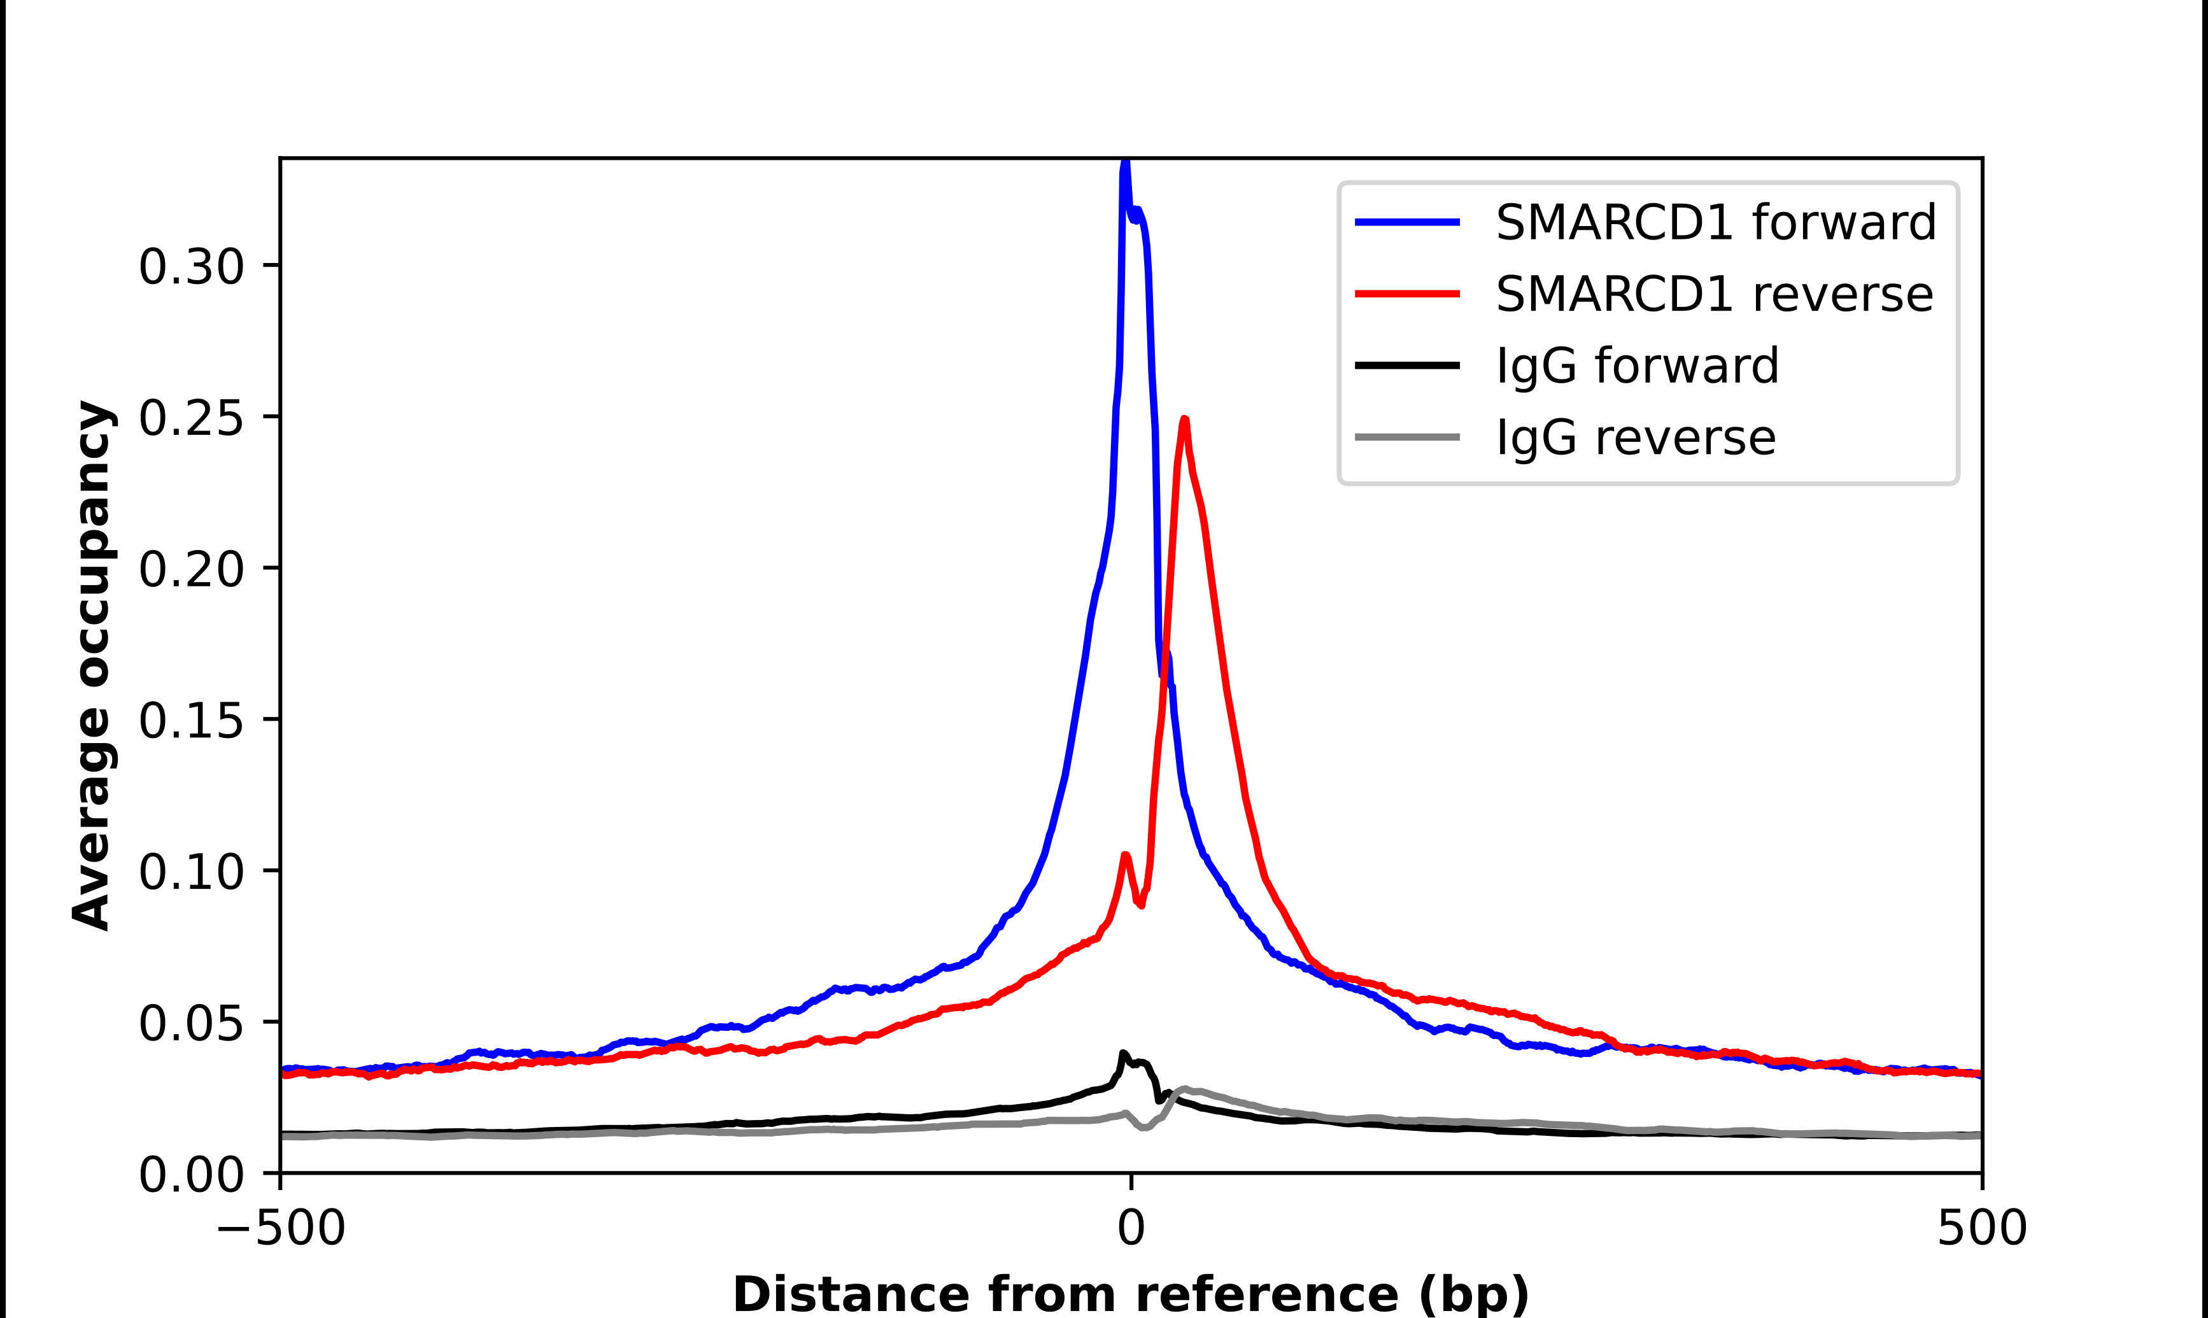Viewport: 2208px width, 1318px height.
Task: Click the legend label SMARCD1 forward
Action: tap(1715, 222)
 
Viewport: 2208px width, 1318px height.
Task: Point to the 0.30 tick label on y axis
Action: tap(191, 266)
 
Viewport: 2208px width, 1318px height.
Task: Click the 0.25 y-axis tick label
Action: tap(191, 418)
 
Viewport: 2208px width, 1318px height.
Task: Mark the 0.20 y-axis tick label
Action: tap(191, 569)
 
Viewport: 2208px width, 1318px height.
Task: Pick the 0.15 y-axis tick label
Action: tap(191, 720)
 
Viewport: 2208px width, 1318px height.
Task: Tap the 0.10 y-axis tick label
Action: tap(191, 871)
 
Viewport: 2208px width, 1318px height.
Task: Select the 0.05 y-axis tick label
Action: tap(191, 1023)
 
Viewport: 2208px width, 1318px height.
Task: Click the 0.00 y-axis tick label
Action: tap(191, 1174)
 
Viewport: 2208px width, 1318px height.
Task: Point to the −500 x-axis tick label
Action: tap(281, 1228)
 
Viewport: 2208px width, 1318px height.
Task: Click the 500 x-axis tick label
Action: tap(1981, 1228)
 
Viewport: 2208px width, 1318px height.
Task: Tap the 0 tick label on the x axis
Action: tap(1130, 1228)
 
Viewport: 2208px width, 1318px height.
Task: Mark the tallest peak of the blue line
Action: tap(1125, 164)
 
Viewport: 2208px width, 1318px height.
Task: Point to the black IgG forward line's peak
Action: tap(1123, 1054)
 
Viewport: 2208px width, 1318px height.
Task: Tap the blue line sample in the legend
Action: tap(1407, 222)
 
